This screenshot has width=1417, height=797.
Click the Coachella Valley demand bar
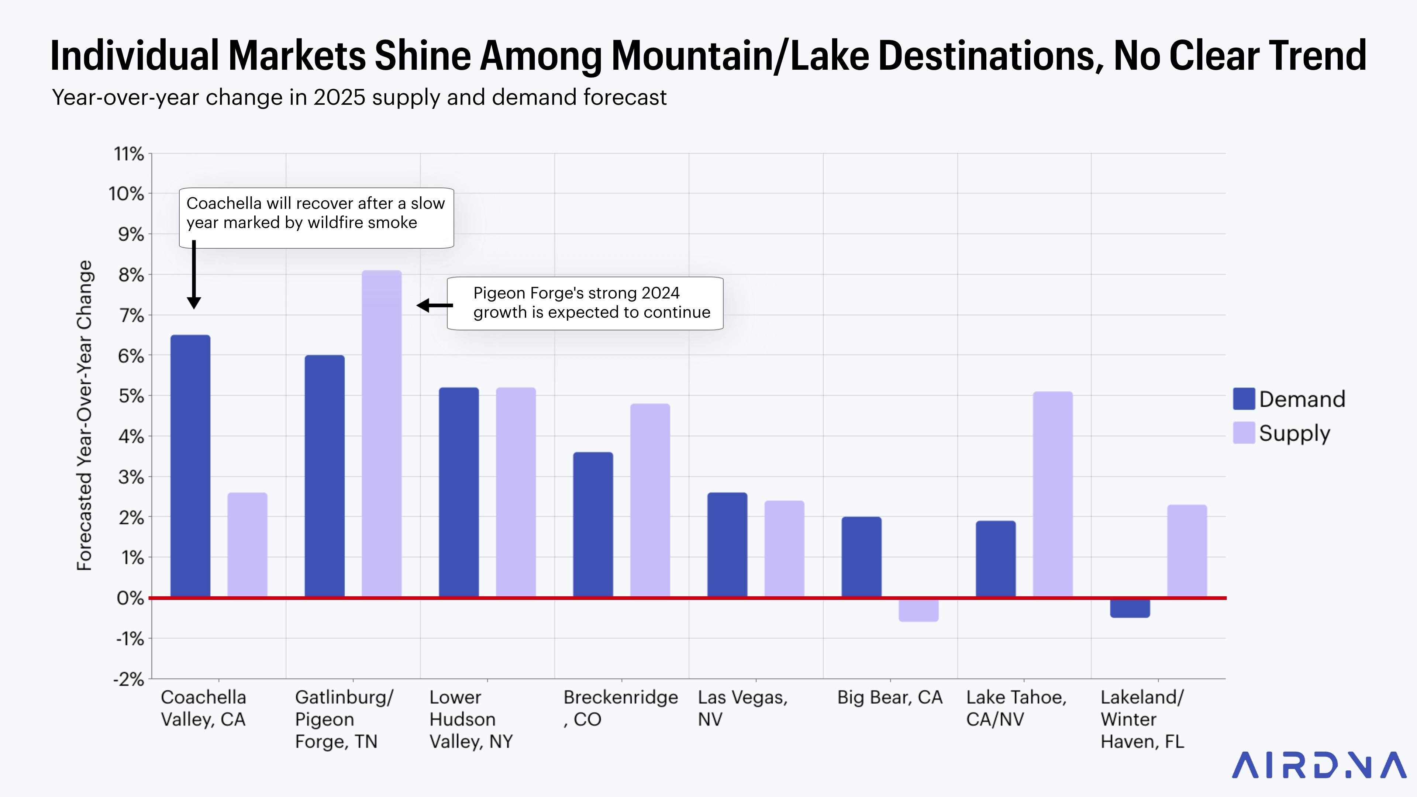pos(190,466)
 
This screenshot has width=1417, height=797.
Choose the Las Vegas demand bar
pos(727,545)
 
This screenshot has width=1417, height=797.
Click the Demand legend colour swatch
pos(1244,399)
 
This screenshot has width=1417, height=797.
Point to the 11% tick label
pos(129,154)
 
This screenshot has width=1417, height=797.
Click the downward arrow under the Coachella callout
pos(194,275)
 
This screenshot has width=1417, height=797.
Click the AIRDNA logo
pos(1318,765)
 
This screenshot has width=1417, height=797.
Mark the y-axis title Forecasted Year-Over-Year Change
pos(84,415)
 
